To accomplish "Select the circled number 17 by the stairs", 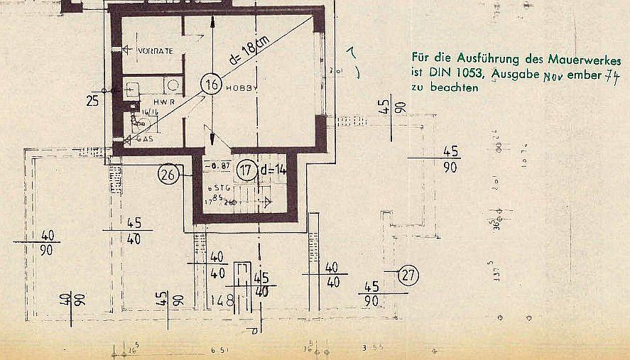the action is [x=246, y=170].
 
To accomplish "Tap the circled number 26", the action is [x=168, y=174].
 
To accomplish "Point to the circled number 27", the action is [x=408, y=274].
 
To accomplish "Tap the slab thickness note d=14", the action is [x=272, y=170].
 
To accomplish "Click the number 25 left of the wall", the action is [x=92, y=101].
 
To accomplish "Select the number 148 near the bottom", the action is [x=222, y=300].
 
